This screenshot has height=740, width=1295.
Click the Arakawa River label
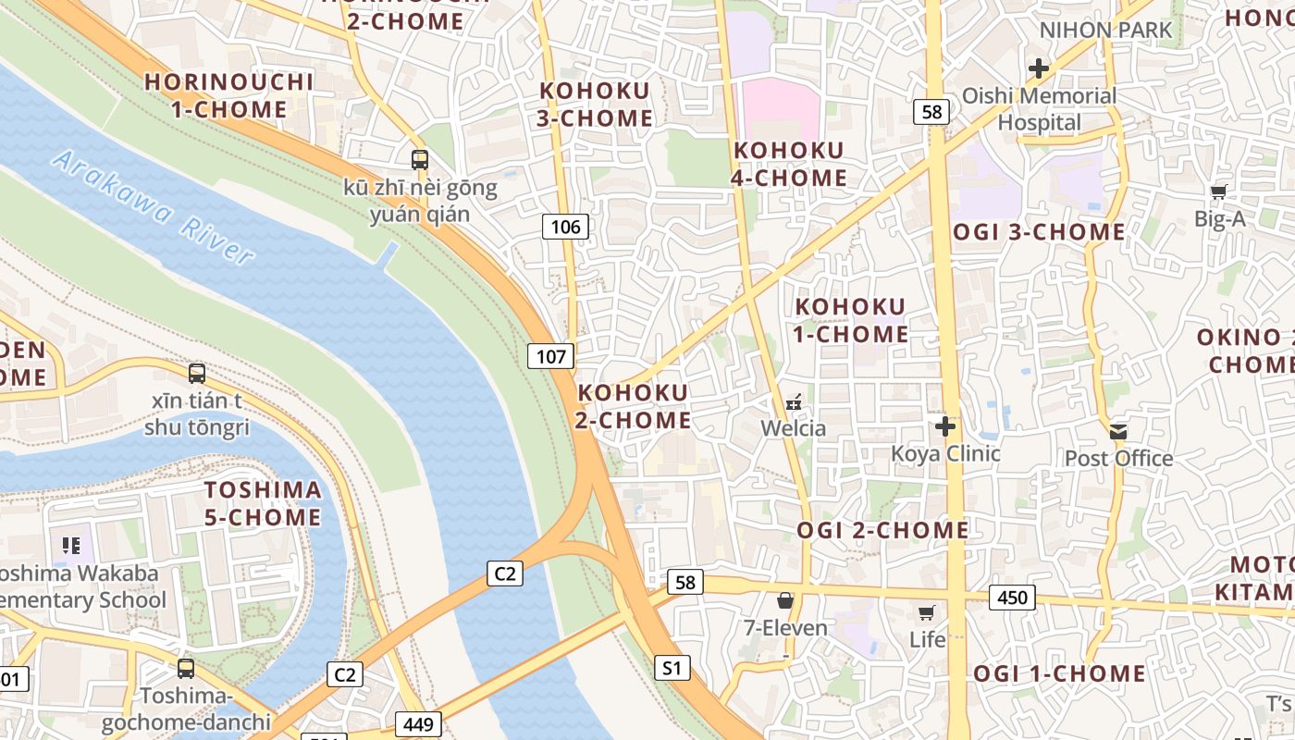(153, 207)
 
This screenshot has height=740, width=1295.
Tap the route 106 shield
(565, 227)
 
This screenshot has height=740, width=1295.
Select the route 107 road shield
(551, 356)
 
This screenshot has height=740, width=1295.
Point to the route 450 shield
(1012, 598)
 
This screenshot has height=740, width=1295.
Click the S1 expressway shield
(672, 667)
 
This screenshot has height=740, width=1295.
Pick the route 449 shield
(418, 723)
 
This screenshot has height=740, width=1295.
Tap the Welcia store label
(793, 428)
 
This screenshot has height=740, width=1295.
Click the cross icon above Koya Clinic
(945, 426)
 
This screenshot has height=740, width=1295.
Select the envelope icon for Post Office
(1119, 431)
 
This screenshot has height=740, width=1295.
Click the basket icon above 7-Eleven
(785, 601)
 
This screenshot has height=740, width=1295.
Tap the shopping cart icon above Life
(926, 612)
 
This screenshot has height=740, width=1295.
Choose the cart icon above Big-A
(1219, 192)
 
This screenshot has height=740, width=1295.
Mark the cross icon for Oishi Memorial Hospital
(1039, 68)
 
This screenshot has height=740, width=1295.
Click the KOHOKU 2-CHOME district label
(634, 406)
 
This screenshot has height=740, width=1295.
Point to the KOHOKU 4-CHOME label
(789, 164)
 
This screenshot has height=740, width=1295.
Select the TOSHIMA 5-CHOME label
(263, 503)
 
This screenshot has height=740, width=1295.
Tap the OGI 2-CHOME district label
(882, 530)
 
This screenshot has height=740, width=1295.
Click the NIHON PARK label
(1105, 30)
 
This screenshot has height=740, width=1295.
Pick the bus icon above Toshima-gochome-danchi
(186, 668)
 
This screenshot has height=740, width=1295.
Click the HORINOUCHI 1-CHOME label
(229, 95)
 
